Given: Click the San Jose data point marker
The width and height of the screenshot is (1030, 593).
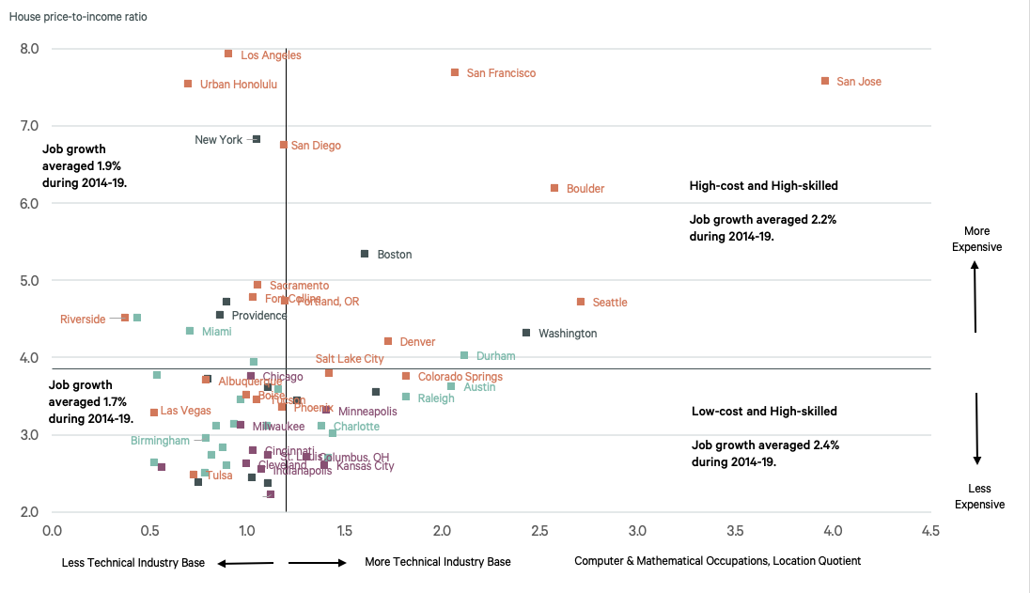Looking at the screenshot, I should pyautogui.click(x=825, y=82).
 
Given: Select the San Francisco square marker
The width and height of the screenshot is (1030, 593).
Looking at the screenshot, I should pyautogui.click(x=455, y=72).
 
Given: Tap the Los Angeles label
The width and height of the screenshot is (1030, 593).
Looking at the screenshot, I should pyautogui.click(x=271, y=55).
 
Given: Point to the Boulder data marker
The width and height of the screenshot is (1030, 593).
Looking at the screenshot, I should pyautogui.click(x=554, y=188).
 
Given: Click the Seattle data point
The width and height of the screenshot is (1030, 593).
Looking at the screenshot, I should pyautogui.click(x=581, y=302).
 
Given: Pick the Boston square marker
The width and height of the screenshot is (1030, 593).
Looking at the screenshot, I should pyautogui.click(x=365, y=254).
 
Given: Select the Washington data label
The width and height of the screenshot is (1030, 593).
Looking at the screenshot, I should pyautogui.click(x=567, y=334).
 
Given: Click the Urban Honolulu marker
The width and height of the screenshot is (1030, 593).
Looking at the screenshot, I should pyautogui.click(x=188, y=84).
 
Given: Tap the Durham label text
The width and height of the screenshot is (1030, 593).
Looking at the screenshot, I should pyautogui.click(x=495, y=356).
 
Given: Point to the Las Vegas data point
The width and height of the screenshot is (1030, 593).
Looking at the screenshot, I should pyautogui.click(x=154, y=413).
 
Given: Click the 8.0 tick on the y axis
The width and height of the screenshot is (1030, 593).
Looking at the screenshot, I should pyautogui.click(x=30, y=49).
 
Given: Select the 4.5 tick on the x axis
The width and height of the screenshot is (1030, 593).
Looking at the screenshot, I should pyautogui.click(x=930, y=532).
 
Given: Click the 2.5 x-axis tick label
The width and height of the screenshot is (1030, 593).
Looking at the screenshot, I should pyautogui.click(x=539, y=532).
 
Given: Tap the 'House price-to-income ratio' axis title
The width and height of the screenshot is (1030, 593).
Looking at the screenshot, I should pyautogui.click(x=78, y=17).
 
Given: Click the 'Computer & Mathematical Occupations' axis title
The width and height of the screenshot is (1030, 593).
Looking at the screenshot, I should pyautogui.click(x=717, y=561).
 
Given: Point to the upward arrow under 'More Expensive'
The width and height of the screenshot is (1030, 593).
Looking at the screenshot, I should pyautogui.click(x=975, y=296).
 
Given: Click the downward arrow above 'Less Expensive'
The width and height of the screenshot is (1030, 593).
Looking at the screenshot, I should pyautogui.click(x=977, y=429).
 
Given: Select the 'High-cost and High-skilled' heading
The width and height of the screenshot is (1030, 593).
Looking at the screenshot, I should pyautogui.click(x=763, y=186).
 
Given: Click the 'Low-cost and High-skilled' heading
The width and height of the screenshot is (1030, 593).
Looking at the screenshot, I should pyautogui.click(x=763, y=412).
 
